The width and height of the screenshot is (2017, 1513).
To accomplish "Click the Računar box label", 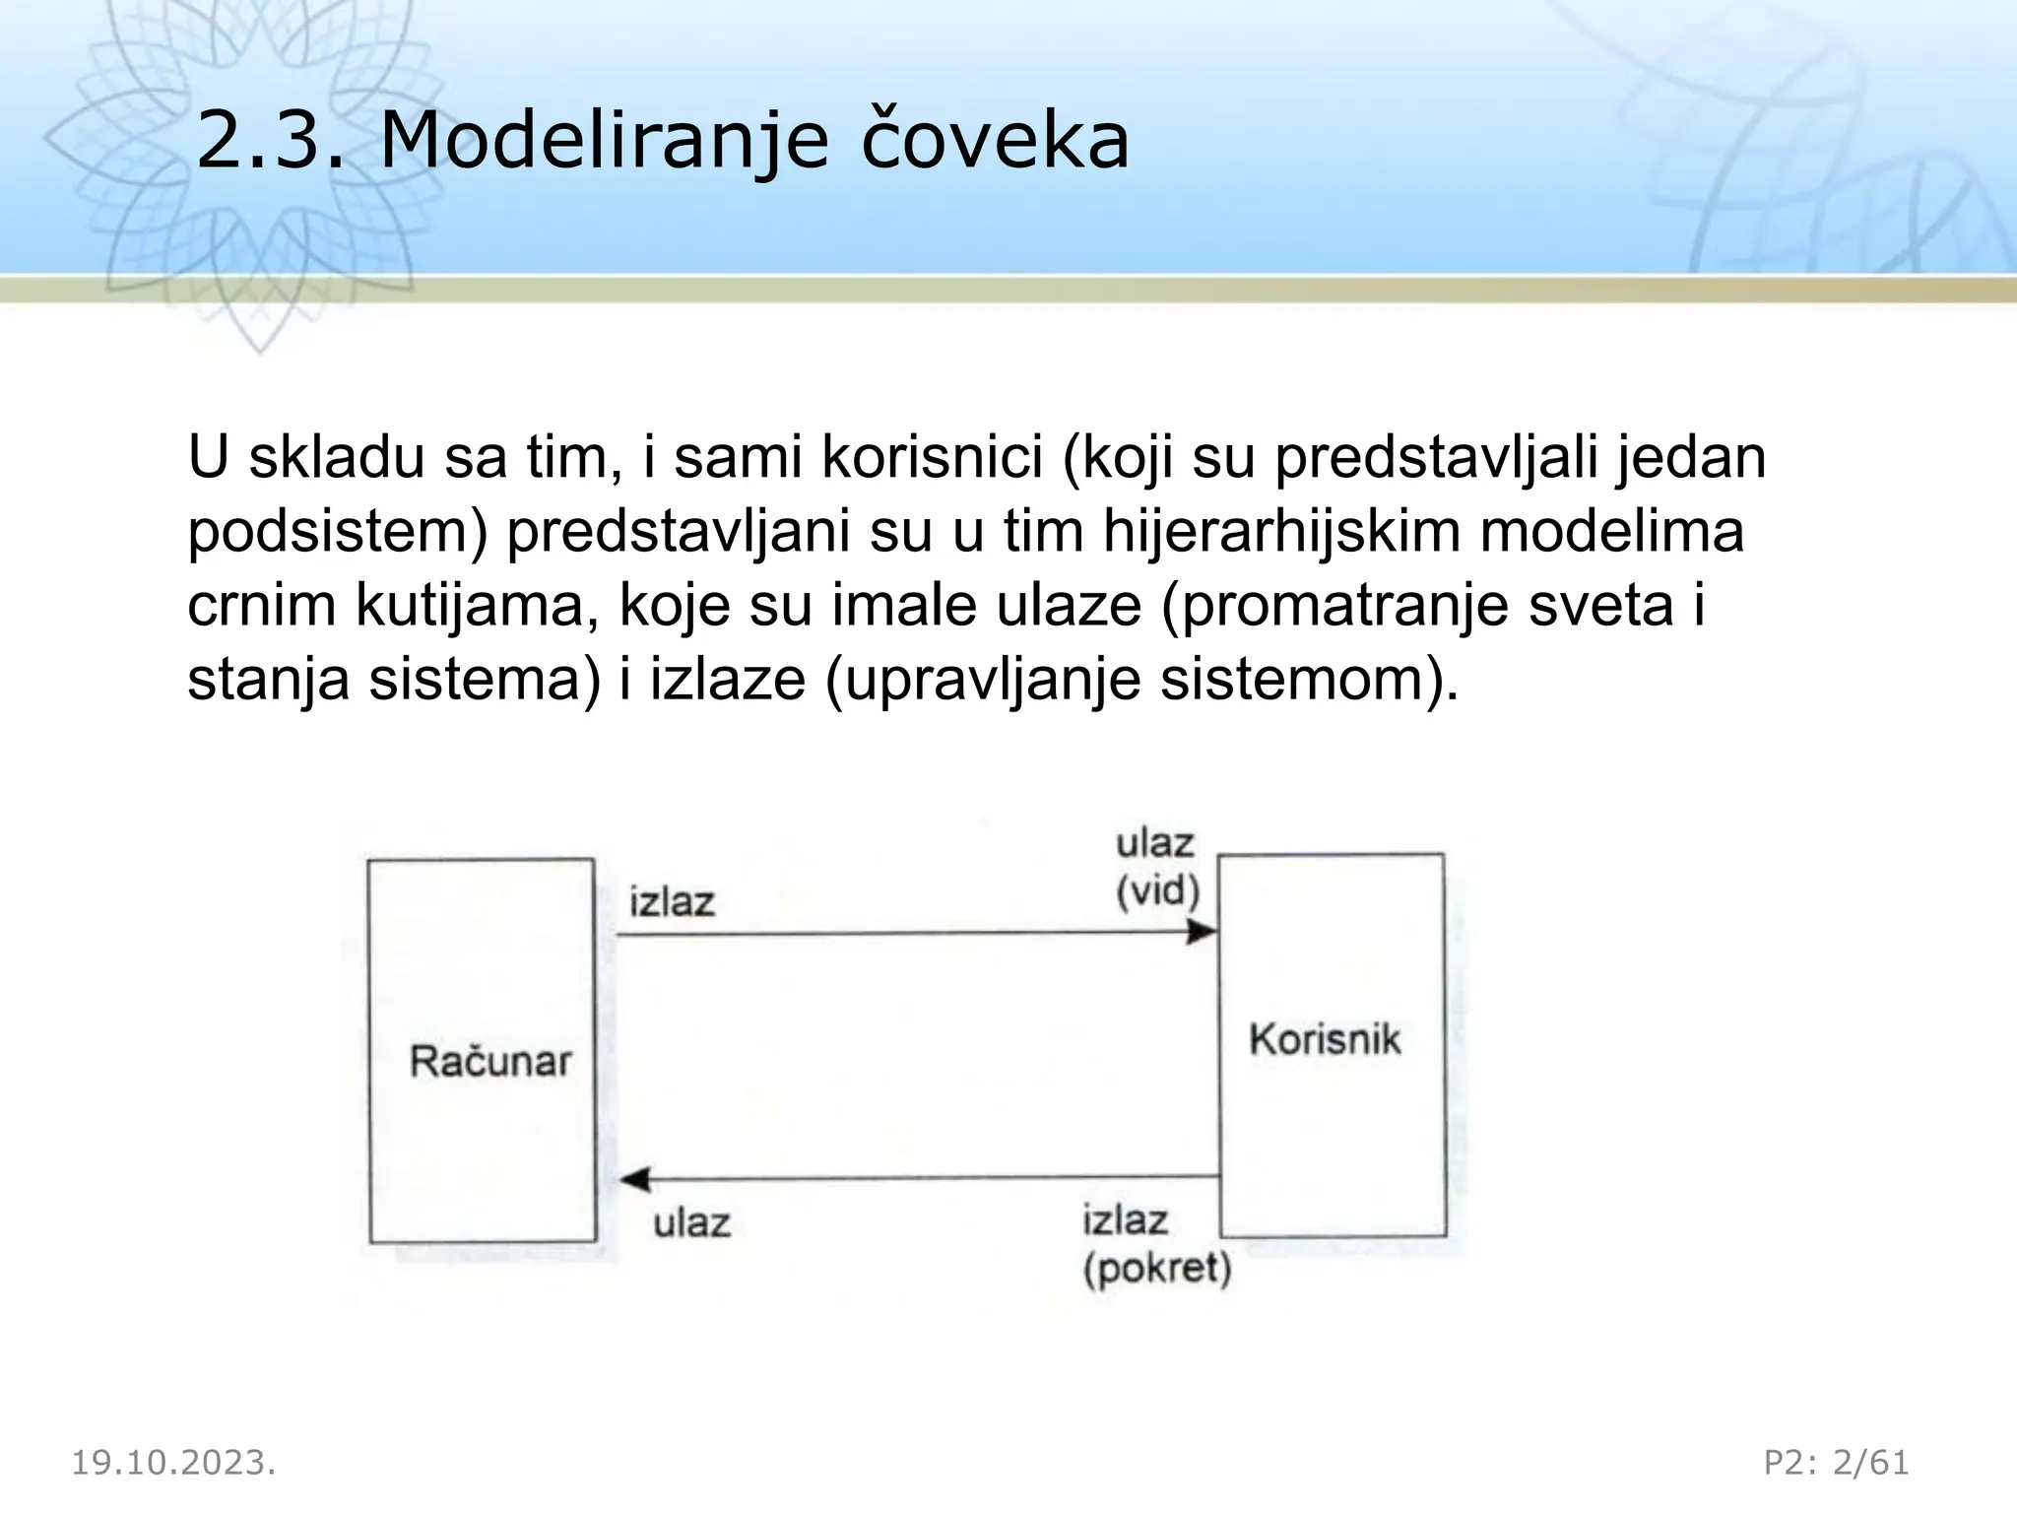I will click(x=489, y=1062).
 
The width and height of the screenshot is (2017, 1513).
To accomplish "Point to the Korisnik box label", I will click(x=1324, y=1040).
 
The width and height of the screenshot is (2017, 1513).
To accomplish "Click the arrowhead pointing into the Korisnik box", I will click(x=1203, y=932).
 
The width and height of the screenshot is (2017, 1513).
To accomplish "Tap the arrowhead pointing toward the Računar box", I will click(x=635, y=1179).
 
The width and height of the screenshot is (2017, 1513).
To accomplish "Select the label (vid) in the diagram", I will click(x=1157, y=891).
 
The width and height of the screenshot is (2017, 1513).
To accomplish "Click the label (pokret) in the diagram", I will click(x=1157, y=1269).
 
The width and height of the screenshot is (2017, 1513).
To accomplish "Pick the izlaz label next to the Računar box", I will click(x=672, y=901).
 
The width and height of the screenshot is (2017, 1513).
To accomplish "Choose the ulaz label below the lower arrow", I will click(x=692, y=1224).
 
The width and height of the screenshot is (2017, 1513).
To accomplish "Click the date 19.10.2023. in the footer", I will click(x=173, y=1463).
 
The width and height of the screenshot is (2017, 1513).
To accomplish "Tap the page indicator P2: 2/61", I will click(x=1836, y=1463).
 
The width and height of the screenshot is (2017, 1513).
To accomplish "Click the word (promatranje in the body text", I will click(x=1334, y=606).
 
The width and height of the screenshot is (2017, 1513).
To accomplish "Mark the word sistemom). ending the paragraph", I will click(x=1309, y=680).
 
